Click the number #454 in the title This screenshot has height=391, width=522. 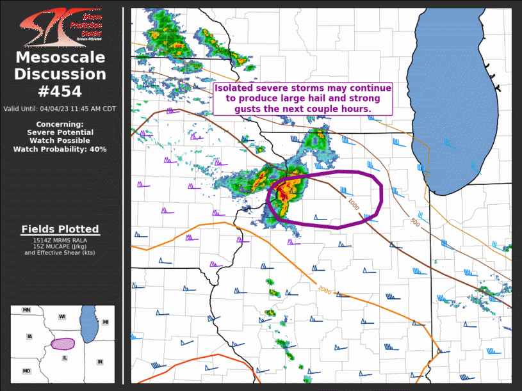tap(60, 92)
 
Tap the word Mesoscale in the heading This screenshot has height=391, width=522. tap(60, 58)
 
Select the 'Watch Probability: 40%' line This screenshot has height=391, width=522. tap(60, 149)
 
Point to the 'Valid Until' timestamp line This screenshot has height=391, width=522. tap(60, 109)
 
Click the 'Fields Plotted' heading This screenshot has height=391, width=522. tap(60, 229)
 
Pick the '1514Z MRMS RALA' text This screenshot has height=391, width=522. tap(60, 240)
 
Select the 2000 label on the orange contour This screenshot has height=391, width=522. tap(325, 288)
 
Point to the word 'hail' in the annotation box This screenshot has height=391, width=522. tap(324, 99)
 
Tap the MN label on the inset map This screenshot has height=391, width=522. tap(26, 310)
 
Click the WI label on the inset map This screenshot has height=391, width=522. tap(62, 317)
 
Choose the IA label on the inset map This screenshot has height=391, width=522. tap(29, 337)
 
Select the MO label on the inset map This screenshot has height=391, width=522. tap(27, 371)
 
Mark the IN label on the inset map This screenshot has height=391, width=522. tap(100, 362)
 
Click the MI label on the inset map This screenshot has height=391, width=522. tap(105, 321)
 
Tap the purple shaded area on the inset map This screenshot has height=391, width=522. tap(63, 344)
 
